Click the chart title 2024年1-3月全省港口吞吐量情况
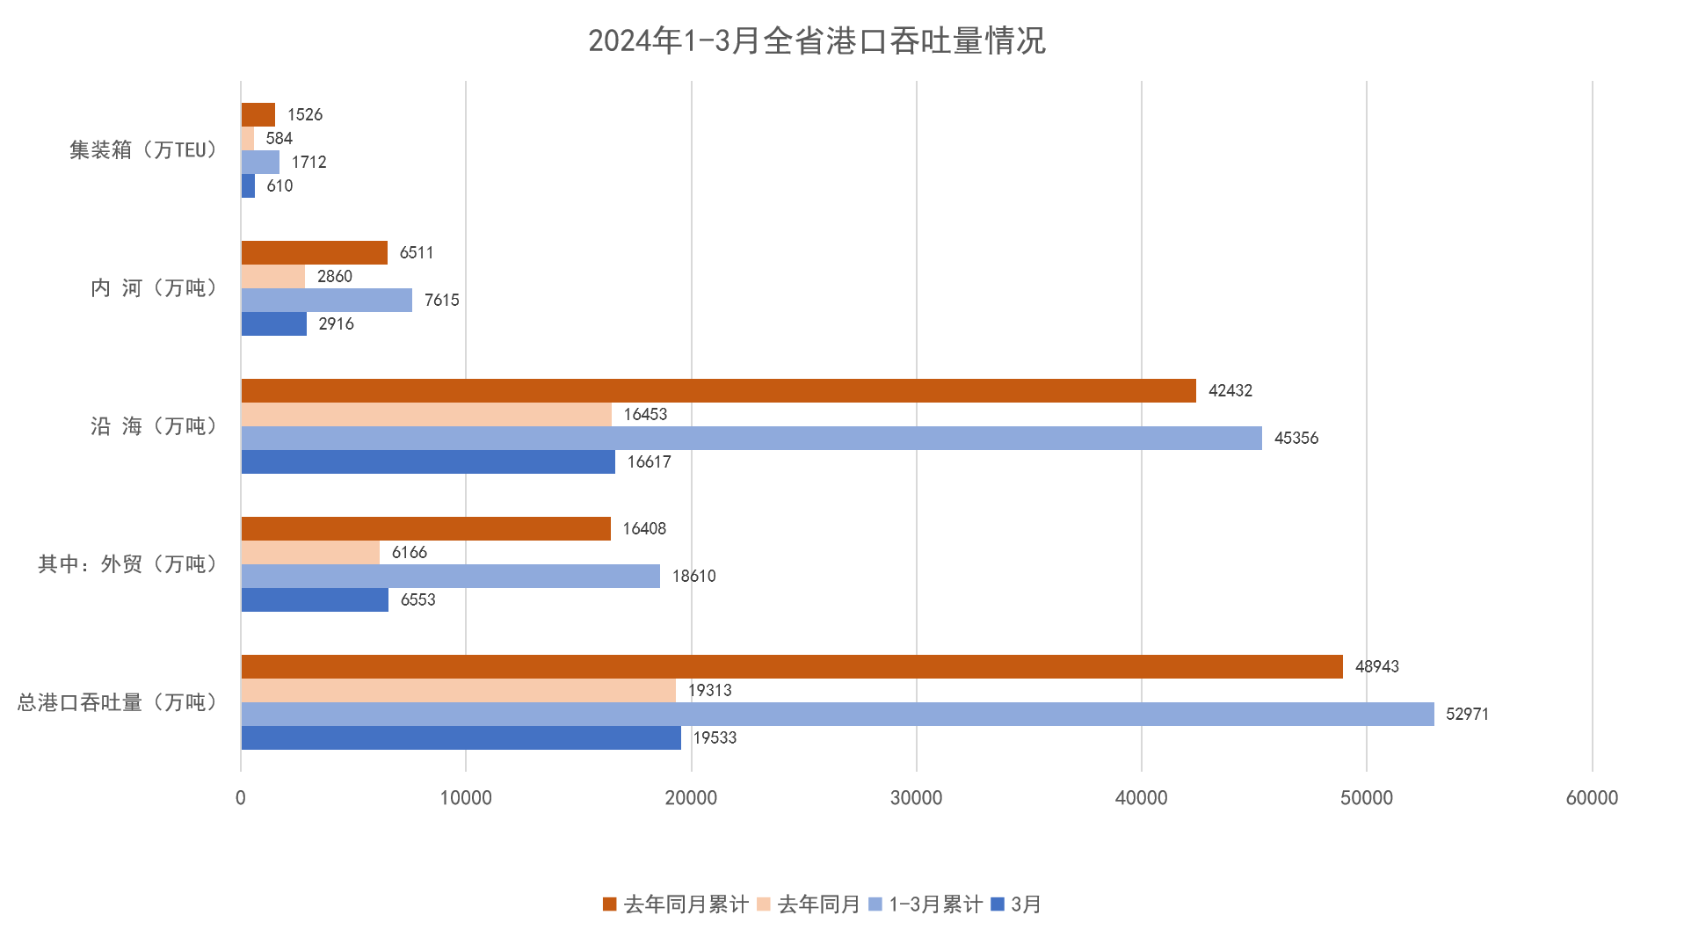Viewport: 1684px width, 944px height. pyautogui.click(x=817, y=41)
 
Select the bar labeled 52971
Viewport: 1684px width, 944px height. pyautogui.click(x=837, y=714)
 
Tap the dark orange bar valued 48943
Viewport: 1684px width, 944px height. pyautogui.click(x=791, y=666)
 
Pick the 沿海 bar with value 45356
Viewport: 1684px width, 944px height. pyautogui.click(x=751, y=438)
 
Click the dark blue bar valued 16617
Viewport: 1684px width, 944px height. pyautogui.click(x=428, y=461)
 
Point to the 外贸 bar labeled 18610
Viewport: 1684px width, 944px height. pyautogui.click(x=450, y=576)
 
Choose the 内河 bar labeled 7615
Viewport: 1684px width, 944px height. pyautogui.click(x=326, y=300)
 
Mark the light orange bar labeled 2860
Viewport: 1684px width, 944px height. pyautogui.click(x=272, y=276)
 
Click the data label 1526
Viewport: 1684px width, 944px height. pyautogui.click(x=305, y=115)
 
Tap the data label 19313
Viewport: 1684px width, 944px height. pyautogui.click(x=709, y=691)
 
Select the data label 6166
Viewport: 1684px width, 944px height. pyautogui.click(x=409, y=553)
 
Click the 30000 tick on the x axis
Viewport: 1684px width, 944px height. pyautogui.click(x=916, y=798)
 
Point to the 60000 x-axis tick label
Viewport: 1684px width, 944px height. pyautogui.click(x=1591, y=798)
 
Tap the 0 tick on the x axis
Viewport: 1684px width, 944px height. pyautogui.click(x=241, y=798)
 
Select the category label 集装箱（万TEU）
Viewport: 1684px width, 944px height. pyautogui.click(x=144, y=150)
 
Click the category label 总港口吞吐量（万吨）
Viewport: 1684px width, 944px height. pyautogui.click(x=118, y=702)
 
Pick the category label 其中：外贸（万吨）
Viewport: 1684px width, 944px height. pyautogui.click(x=127, y=564)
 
